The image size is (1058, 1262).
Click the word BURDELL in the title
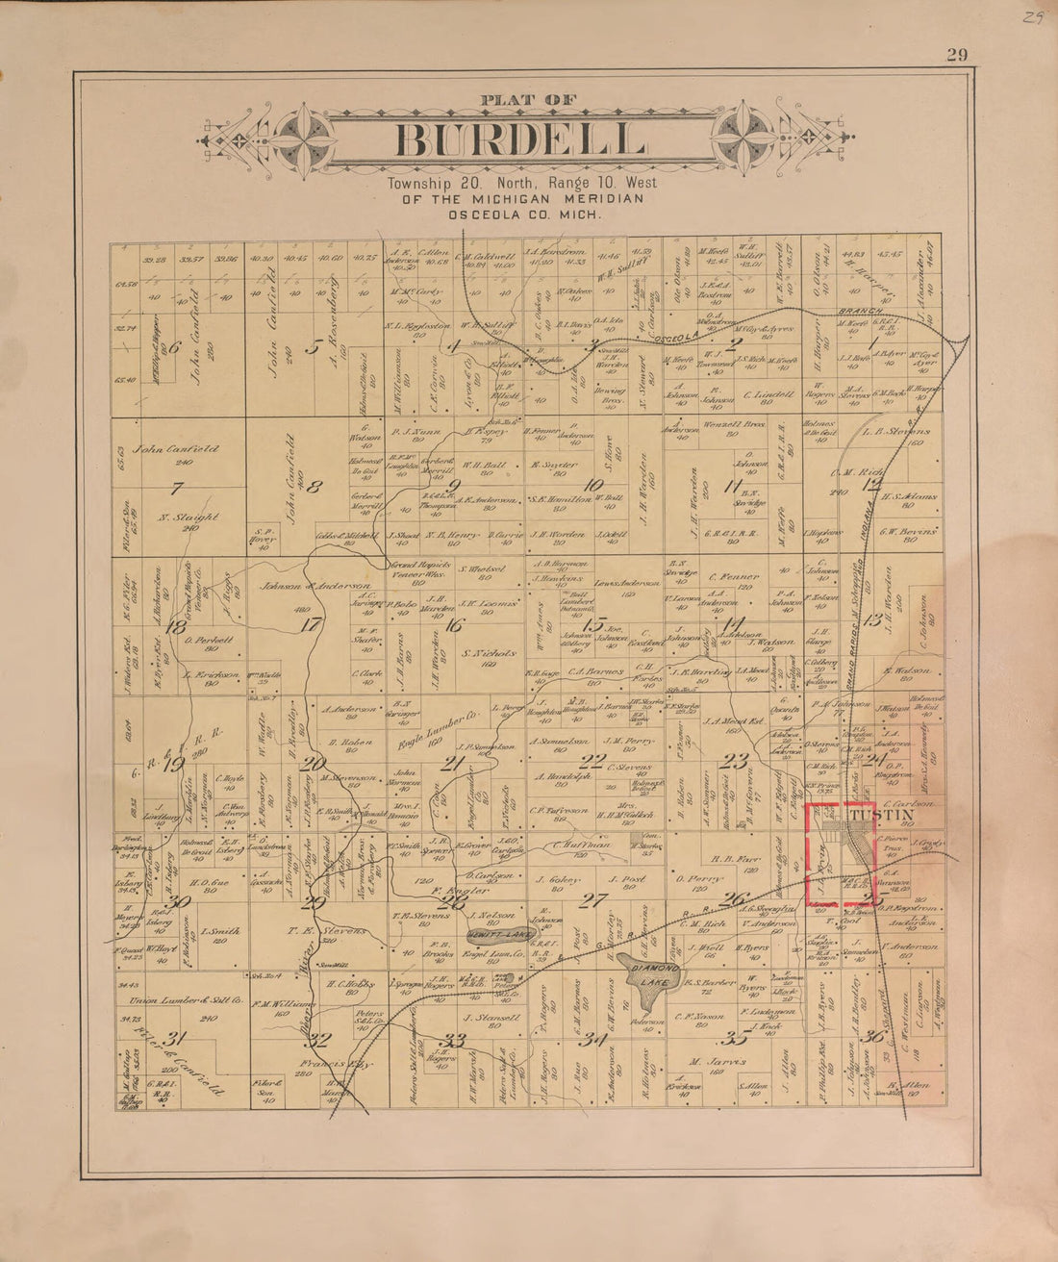(x=519, y=140)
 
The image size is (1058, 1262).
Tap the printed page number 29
(x=956, y=55)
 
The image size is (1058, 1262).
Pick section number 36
(x=873, y=1036)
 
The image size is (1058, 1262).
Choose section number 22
(x=596, y=762)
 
